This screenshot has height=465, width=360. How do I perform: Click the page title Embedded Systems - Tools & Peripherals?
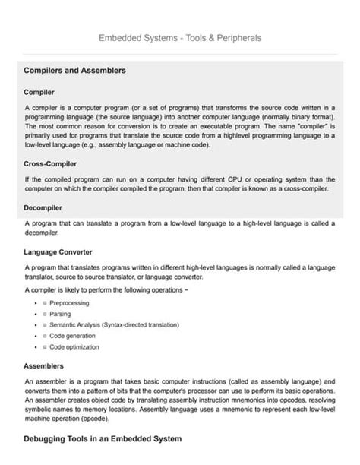(180, 37)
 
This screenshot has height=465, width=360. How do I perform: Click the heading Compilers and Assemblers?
(75, 71)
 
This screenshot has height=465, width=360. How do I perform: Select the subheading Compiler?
(39, 92)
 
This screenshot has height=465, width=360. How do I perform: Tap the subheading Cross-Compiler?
(50, 163)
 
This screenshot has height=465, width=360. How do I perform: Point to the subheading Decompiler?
(43, 207)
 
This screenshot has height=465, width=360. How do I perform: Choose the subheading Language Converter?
(58, 251)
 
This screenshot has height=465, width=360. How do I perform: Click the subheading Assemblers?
(43, 365)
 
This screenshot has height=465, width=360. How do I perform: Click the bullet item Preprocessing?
(69, 303)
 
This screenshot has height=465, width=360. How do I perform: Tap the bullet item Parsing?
(61, 314)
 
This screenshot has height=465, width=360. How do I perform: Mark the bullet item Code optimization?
(74, 347)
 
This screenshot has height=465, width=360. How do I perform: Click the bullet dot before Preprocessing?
(36, 303)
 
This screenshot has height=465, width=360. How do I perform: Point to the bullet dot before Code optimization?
(36, 347)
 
